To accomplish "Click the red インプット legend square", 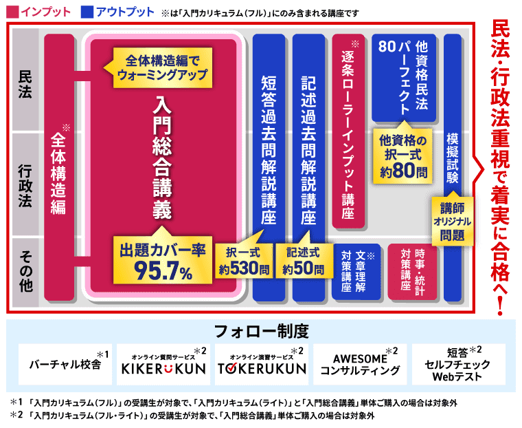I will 10,12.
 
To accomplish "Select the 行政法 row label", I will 25,184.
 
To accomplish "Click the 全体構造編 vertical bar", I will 58,169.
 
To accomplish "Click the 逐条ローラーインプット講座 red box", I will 348,131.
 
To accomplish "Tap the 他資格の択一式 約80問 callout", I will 403,156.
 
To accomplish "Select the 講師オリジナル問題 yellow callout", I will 451,220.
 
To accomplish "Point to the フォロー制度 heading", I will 261,331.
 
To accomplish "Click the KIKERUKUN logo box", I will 163,363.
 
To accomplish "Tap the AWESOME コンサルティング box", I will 360,363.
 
